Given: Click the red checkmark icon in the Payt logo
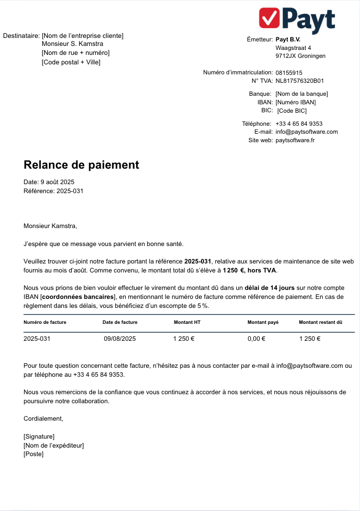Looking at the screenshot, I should point(270,18).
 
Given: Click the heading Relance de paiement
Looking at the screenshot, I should point(81,165).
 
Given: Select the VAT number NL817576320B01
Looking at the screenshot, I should point(300,80).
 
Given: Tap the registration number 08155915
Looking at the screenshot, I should point(289,72).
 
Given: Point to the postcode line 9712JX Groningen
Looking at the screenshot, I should point(300,56).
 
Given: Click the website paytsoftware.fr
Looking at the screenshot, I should point(295,140).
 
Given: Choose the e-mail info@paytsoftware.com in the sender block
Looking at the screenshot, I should point(306,132).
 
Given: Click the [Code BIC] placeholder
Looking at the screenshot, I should point(292,111).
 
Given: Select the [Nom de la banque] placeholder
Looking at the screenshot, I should point(301,94).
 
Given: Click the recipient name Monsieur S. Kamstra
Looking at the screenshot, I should point(72,44).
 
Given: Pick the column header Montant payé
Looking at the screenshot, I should point(263,322).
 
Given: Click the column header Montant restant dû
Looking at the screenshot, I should point(320,322).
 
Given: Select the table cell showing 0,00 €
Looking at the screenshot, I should point(256,339).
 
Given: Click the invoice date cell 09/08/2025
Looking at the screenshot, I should point(120,339).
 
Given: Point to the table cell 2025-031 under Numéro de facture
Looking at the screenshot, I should point(37,339).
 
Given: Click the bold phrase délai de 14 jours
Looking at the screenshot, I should point(269,288).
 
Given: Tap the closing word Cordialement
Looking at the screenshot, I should point(43,419).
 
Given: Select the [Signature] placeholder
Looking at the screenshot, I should point(39,437).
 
